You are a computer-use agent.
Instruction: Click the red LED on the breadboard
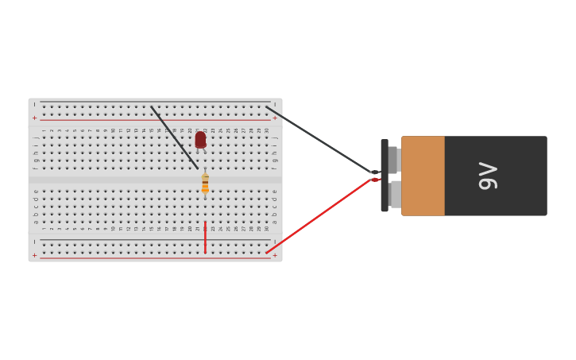pos(200,140)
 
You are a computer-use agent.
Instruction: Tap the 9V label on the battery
pos(488,176)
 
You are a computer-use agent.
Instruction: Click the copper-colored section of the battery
pos(423,176)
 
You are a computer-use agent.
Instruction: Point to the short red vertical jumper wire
pos(205,238)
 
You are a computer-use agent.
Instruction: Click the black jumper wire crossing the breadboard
pos(175,137)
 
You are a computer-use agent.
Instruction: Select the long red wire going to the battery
pos(318,216)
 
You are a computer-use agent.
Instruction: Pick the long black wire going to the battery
pos(318,139)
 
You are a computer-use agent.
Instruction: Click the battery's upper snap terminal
pos(393,159)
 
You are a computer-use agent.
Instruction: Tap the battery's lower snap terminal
pos(395,194)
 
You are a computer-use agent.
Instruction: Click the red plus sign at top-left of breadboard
pos(34,118)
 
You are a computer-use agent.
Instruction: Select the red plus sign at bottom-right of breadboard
pos(275,255)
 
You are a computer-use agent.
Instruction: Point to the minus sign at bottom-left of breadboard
pos(34,242)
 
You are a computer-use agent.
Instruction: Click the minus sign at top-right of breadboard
pos(275,104)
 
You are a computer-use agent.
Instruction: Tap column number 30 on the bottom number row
pos(267,228)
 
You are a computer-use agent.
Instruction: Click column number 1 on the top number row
pos(44,130)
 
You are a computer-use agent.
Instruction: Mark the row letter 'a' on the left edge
pos(35,222)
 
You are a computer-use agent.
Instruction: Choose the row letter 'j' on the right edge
pos(275,137)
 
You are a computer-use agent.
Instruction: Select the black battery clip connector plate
pos(385,176)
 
